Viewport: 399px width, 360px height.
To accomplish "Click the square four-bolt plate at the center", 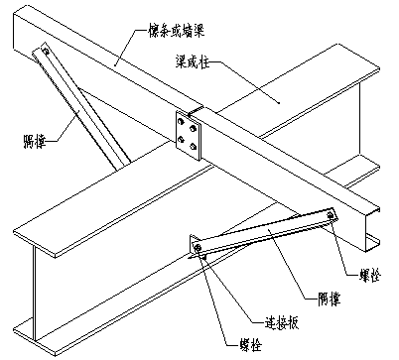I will [x=186, y=134].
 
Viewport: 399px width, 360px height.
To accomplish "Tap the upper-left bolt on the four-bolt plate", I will [x=178, y=122].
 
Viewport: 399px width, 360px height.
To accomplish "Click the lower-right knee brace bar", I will [x=264, y=229].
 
